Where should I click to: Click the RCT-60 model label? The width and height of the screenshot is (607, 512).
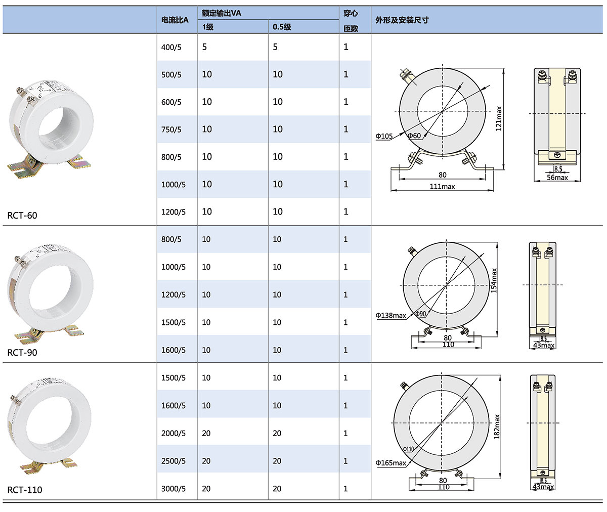(x=22, y=216)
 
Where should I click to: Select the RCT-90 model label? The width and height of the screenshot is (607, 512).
(x=22, y=353)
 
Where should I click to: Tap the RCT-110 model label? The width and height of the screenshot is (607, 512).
(x=25, y=490)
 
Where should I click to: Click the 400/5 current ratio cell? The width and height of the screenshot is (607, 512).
(x=171, y=47)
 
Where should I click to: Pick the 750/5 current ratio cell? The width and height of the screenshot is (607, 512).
(x=171, y=130)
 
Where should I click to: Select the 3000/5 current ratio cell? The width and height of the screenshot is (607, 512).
(x=173, y=489)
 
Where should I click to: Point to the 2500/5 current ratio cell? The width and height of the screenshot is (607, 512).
(x=173, y=461)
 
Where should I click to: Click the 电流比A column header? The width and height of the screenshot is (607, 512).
(x=175, y=20)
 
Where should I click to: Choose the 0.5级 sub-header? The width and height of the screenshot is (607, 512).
(x=282, y=27)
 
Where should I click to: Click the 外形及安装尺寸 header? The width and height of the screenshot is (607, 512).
(x=402, y=20)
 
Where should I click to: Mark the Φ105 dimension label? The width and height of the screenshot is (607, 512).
(x=384, y=136)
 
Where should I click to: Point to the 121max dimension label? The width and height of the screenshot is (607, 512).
(x=499, y=118)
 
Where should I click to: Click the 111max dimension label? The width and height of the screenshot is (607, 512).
(x=443, y=187)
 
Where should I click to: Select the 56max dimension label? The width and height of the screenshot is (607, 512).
(x=557, y=178)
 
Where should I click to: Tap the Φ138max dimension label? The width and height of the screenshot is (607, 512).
(x=391, y=315)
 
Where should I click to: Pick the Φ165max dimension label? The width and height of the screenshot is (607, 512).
(x=391, y=463)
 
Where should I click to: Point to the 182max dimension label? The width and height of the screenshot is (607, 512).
(x=497, y=426)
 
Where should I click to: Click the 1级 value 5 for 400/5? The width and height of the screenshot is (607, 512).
(x=204, y=47)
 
